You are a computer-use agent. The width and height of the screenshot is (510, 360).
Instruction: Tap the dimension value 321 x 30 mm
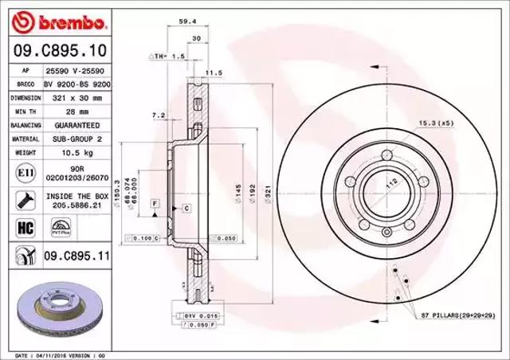(77, 97)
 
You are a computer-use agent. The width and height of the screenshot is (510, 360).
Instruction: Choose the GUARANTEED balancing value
(77, 125)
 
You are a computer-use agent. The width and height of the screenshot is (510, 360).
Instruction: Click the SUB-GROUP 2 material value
(77, 139)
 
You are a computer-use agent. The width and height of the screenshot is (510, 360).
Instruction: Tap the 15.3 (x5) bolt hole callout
(435, 122)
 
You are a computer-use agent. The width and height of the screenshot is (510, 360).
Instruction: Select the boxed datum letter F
(152, 205)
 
